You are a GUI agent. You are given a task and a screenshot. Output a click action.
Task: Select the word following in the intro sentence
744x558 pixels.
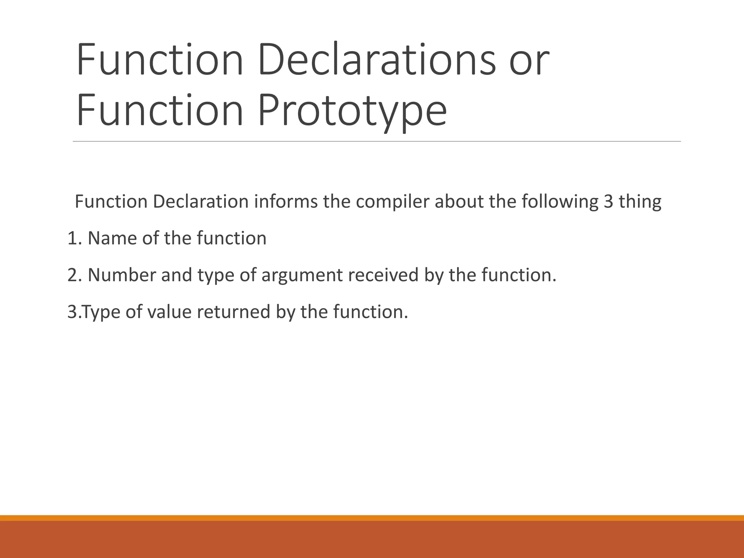pyautogui.click(x=560, y=202)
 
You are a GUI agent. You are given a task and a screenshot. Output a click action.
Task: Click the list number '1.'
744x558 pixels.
pyautogui.click(x=75, y=238)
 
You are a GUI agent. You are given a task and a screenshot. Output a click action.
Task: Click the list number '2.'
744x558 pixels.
pyautogui.click(x=75, y=275)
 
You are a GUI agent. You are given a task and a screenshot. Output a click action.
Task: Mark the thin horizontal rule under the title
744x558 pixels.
pyautogui.click(x=376, y=141)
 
